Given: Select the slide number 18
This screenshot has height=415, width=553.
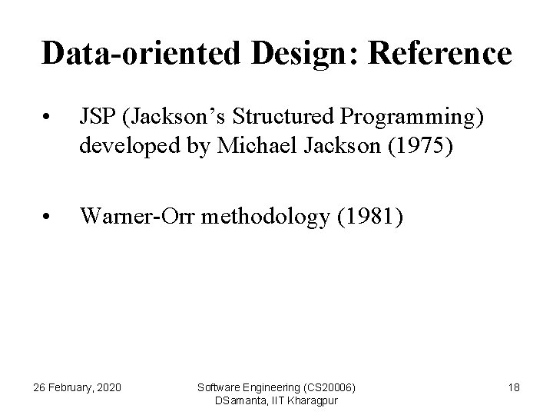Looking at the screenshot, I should coord(514,387).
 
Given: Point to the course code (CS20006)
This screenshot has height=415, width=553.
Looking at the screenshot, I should coord(326,387).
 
